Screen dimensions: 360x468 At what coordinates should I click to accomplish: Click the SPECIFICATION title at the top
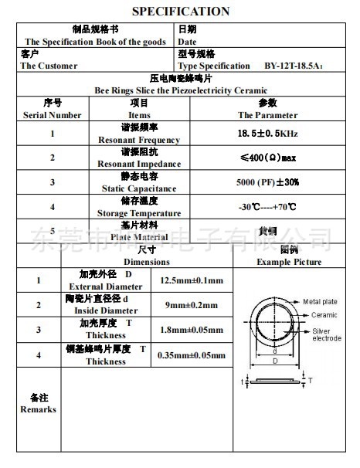[181, 11]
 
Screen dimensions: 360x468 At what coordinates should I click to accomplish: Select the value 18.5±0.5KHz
[267, 134]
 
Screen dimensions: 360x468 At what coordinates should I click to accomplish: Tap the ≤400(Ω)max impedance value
[267, 158]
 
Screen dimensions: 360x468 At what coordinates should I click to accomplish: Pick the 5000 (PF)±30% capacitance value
[267, 182]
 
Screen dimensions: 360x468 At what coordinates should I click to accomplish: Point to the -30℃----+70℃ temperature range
[267, 207]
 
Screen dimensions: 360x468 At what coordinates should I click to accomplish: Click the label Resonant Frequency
[139, 140]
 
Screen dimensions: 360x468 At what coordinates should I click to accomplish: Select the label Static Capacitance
[139, 188]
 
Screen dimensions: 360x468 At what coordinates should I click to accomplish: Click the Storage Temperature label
[139, 213]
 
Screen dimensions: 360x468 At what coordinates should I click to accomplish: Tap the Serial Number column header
[53, 115]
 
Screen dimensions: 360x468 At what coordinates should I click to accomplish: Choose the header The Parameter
[267, 115]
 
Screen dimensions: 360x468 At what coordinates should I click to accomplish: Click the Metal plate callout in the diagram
[320, 301]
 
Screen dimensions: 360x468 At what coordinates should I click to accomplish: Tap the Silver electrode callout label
[326, 334]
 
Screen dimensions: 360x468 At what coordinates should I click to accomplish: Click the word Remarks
[39, 409]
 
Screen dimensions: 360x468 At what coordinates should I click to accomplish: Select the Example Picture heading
[290, 262]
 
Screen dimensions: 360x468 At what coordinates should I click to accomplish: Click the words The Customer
[49, 66]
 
